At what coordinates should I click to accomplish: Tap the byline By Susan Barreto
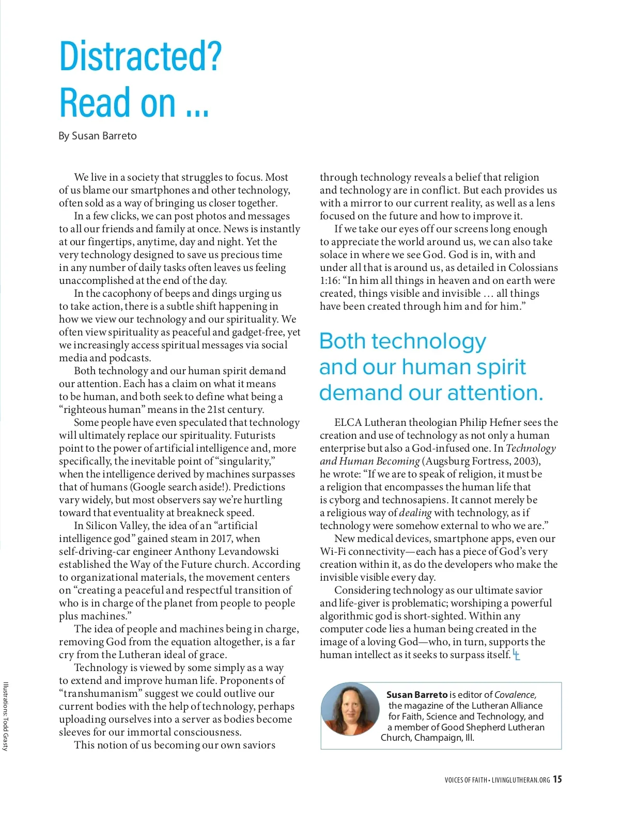click(x=98, y=136)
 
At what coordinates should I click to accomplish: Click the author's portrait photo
click(x=350, y=709)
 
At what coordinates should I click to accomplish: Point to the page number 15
click(x=557, y=779)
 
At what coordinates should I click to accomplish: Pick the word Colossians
click(x=533, y=267)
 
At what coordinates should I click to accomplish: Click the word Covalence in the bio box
click(x=515, y=695)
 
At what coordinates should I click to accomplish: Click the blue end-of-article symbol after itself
click(x=516, y=655)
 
